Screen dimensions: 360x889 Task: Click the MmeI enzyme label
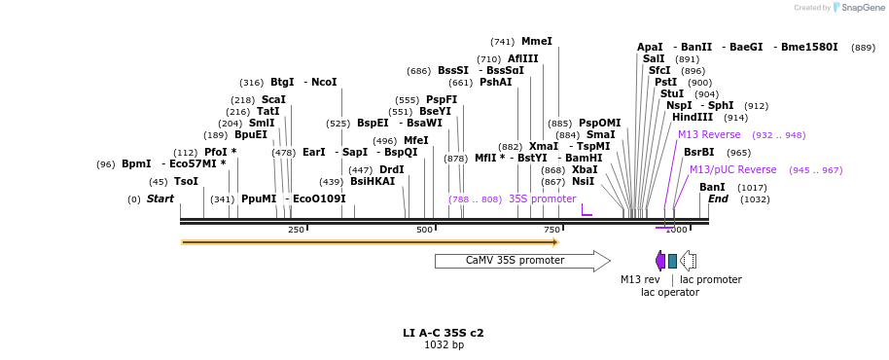point(536,42)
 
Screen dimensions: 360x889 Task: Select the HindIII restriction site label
point(692,118)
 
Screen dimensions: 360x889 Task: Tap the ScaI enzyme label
point(273,100)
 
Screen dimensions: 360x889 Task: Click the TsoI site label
point(186,182)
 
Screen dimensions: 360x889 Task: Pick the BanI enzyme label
point(712,187)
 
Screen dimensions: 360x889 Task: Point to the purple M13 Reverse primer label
point(709,135)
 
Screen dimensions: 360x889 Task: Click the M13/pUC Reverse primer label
point(732,169)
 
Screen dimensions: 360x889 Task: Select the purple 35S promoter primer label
point(542,198)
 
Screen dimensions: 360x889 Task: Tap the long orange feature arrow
point(370,242)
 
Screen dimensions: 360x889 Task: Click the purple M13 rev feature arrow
point(660,261)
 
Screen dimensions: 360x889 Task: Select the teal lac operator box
point(672,261)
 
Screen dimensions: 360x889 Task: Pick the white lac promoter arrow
point(688,261)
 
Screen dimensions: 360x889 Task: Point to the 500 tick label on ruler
point(424,230)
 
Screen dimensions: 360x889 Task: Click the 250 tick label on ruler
point(296,230)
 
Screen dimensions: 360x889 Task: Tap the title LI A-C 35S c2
point(444,333)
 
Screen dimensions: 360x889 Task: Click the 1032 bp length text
point(444,345)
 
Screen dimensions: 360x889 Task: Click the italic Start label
point(160,199)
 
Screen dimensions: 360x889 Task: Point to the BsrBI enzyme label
point(698,152)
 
